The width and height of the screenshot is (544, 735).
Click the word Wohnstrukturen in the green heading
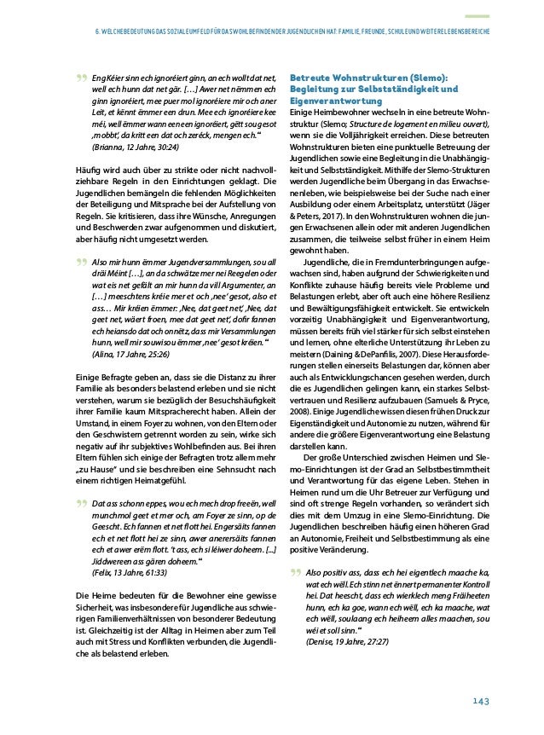(x=370, y=76)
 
